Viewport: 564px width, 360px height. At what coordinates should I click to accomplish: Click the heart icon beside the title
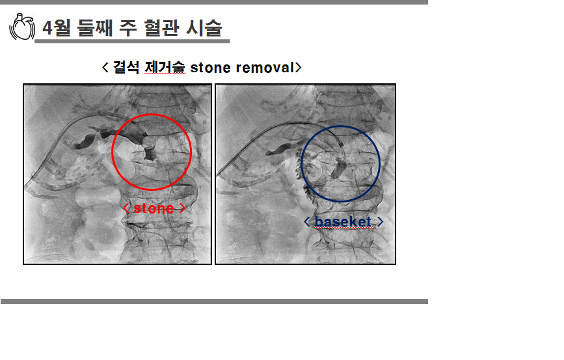22,27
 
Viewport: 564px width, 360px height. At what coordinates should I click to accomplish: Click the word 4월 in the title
57,28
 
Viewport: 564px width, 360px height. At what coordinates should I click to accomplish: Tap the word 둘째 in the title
95,28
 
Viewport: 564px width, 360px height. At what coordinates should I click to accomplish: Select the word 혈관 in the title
161,28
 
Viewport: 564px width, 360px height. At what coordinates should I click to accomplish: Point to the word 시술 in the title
204,28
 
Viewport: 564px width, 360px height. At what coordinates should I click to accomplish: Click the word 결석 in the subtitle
126,67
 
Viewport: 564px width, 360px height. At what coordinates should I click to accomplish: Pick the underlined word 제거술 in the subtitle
165,67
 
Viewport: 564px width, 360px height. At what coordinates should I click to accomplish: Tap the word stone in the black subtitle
210,68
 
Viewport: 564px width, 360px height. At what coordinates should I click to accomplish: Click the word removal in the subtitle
265,68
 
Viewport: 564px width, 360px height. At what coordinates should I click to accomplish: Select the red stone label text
154,208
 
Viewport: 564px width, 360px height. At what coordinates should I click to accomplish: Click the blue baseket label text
343,222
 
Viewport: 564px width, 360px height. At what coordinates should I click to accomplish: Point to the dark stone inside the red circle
149,152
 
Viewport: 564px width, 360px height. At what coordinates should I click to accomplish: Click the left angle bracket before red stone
126,208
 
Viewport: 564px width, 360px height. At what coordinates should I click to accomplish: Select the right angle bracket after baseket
380,222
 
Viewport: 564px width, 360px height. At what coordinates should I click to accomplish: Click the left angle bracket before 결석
105,67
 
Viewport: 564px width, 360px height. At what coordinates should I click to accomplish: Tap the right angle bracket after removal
298,67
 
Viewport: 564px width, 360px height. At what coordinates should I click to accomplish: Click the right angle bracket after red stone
182,208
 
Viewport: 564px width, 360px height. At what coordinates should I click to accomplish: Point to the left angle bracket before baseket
307,222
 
